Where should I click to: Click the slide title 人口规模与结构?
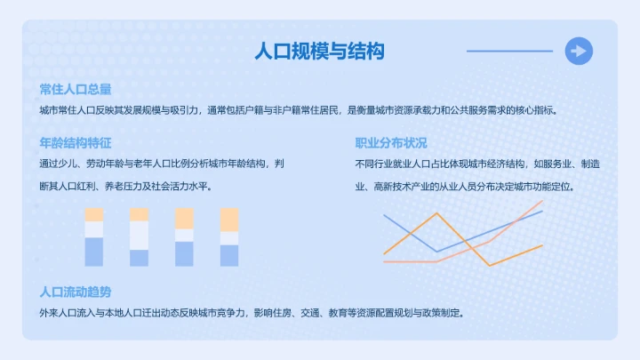tap(319, 51)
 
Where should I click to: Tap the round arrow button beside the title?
tap(579, 51)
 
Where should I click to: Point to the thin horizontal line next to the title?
tap(509, 51)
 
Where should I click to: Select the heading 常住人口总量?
tap(76, 90)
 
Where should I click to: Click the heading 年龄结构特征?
tap(76, 143)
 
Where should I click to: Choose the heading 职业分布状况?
tap(391, 143)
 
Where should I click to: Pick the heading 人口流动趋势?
tap(76, 292)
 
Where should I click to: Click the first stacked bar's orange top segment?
tap(94, 214)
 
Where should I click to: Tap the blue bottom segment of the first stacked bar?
tap(94, 252)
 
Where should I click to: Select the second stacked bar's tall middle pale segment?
tap(140, 235)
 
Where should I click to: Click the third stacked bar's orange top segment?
tap(184, 218)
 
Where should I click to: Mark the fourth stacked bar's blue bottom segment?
tap(229, 255)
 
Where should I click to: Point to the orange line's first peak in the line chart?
tap(437, 213)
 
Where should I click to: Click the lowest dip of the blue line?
tap(436, 252)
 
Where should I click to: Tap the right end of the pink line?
tap(541, 202)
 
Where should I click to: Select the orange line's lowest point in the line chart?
tap(489, 265)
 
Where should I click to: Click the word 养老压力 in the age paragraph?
tap(123, 187)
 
